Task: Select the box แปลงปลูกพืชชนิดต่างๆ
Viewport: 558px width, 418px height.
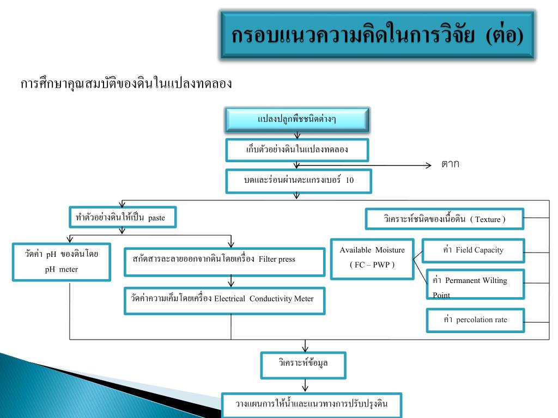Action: pyautogui.click(x=297, y=120)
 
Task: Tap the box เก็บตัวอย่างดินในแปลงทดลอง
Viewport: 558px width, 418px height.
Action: pyautogui.click(x=297, y=150)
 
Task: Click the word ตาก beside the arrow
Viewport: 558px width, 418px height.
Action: pyautogui.click(x=450, y=164)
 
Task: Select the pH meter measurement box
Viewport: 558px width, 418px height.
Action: pyautogui.click(x=61, y=261)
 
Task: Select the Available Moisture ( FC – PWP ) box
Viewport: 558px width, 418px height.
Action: pyautogui.click(x=372, y=258)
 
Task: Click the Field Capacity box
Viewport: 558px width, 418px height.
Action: pyautogui.click(x=473, y=250)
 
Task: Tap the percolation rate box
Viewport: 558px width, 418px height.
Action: pyautogui.click(x=475, y=320)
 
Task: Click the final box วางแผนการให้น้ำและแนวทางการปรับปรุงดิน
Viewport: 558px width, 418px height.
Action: pyautogui.click(x=311, y=404)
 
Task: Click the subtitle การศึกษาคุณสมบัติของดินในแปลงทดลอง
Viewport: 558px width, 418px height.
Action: pyautogui.click(x=126, y=84)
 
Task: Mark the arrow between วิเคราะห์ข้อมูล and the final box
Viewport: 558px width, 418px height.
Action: pyautogui.click(x=305, y=385)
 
